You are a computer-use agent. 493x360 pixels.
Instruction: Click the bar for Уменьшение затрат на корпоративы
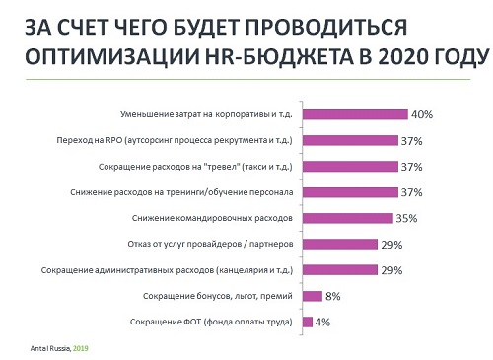(x=355, y=114)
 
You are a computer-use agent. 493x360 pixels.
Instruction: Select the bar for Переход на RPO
(x=350, y=140)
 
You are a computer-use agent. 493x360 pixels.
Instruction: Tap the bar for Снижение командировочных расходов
(x=346, y=217)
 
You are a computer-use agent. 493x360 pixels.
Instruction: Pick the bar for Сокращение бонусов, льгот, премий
(x=313, y=295)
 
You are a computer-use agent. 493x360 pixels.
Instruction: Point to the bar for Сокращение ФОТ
(x=308, y=321)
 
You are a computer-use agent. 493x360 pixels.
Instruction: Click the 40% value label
(x=423, y=114)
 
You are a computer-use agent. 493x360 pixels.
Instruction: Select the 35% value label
(x=406, y=217)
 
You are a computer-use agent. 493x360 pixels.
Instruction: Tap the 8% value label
(x=334, y=295)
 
